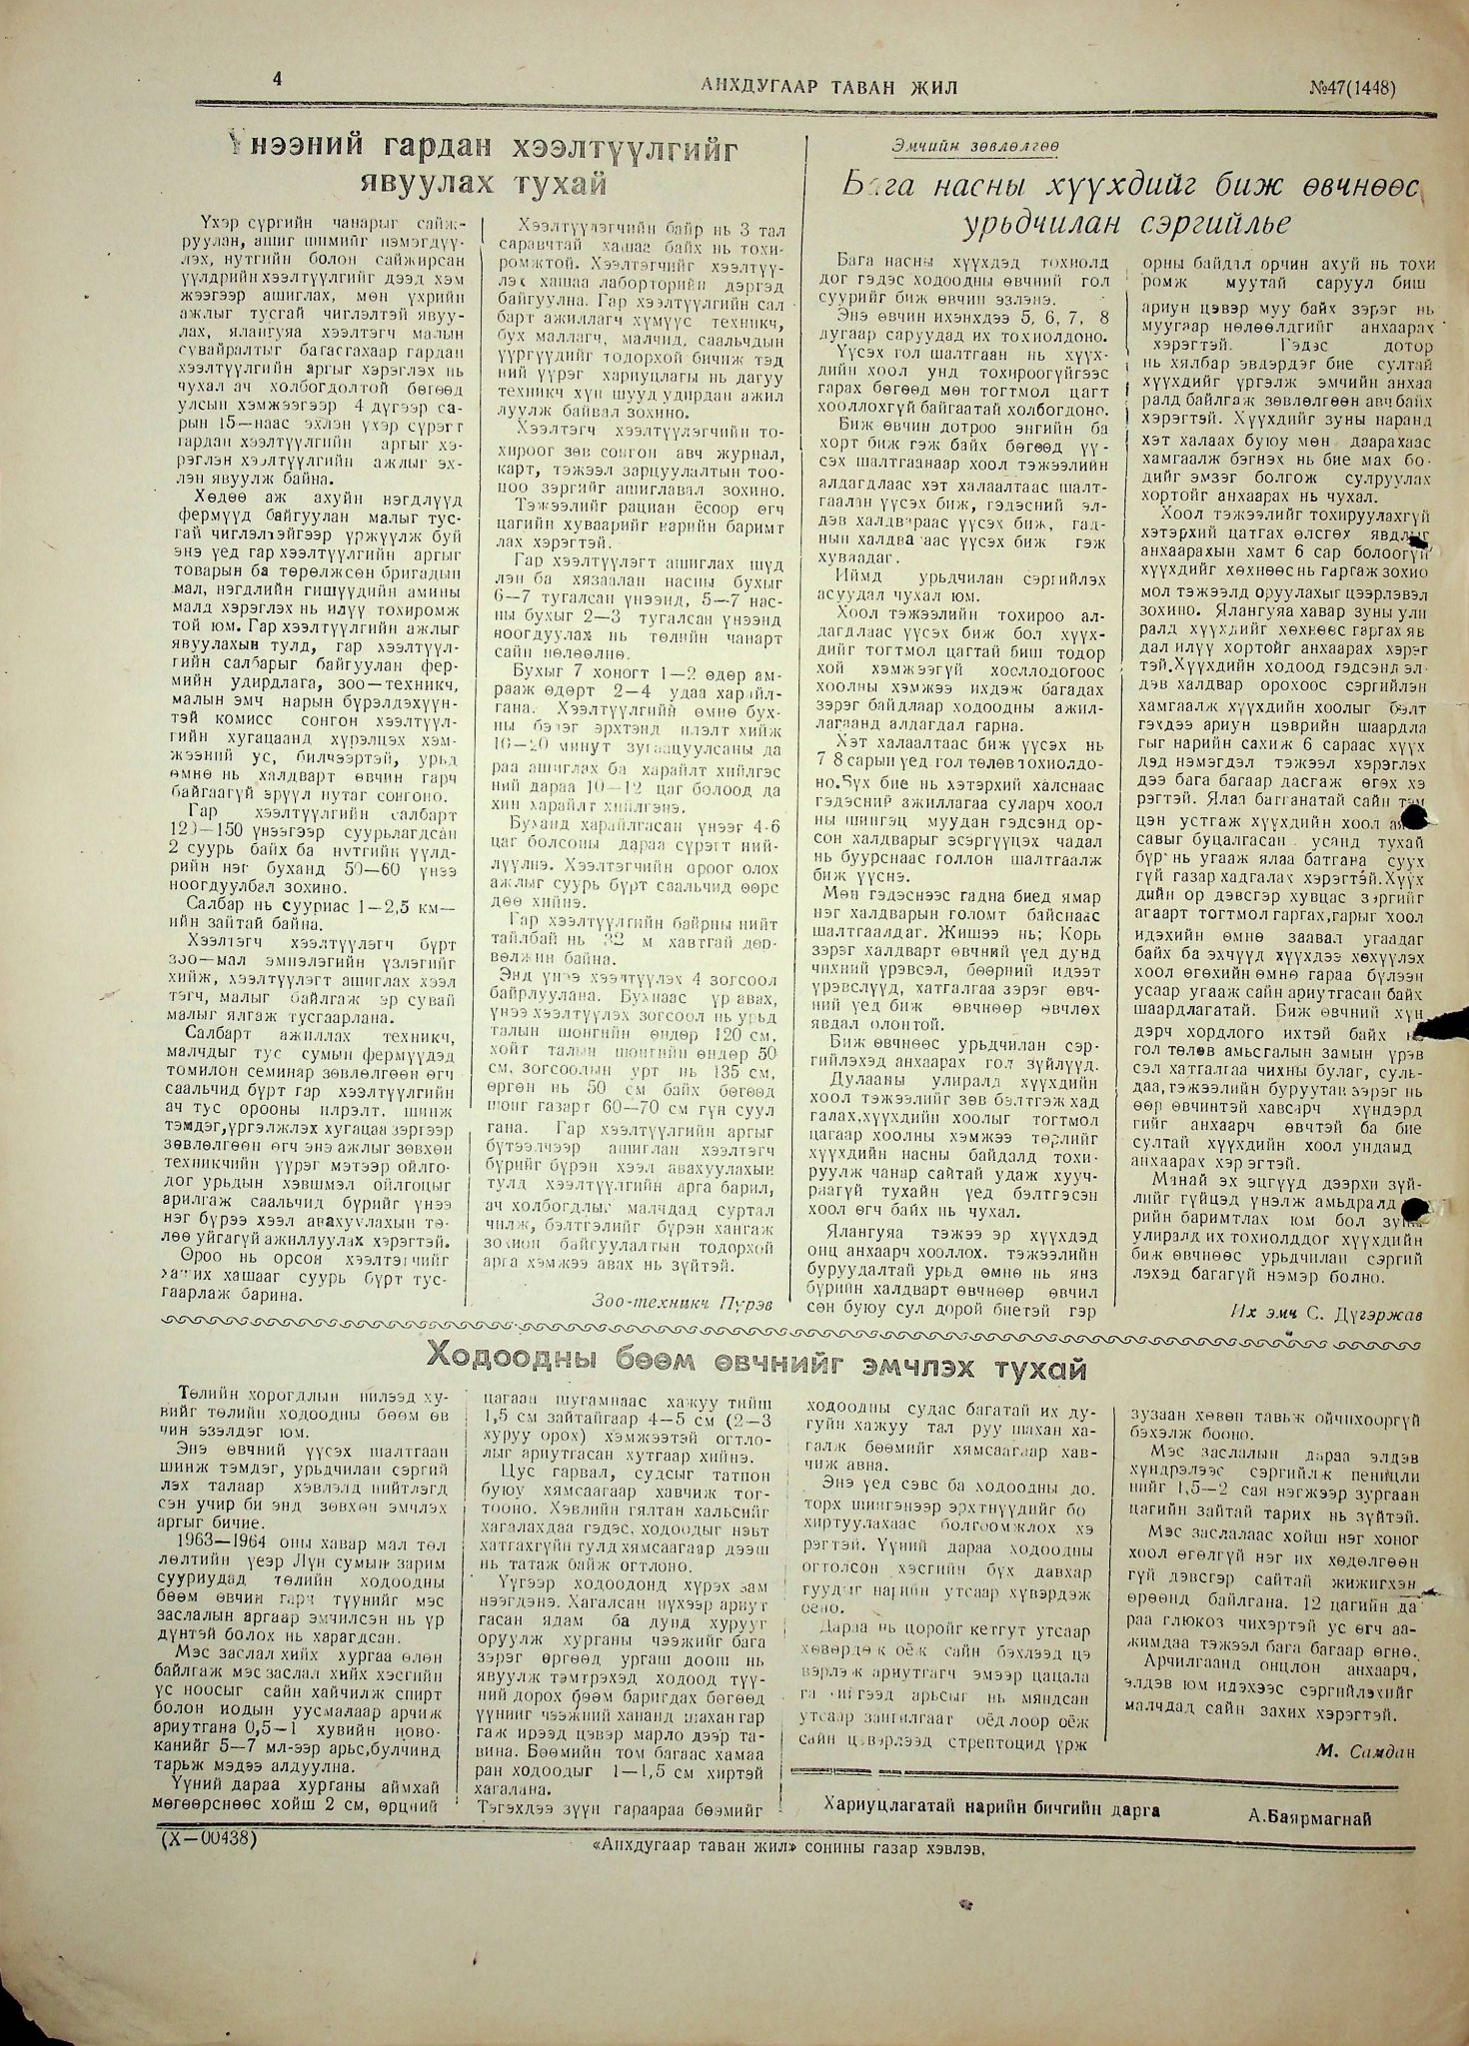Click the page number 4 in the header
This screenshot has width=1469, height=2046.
pos(277,82)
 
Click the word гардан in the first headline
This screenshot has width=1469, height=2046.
pos(438,151)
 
